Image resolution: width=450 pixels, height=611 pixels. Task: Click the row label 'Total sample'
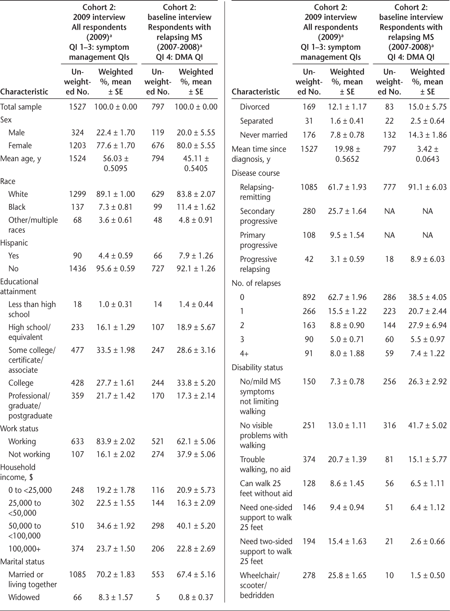[x=21, y=107]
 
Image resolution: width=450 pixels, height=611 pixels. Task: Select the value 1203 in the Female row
[x=77, y=145]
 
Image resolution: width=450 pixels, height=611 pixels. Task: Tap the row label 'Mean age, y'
[x=20, y=158]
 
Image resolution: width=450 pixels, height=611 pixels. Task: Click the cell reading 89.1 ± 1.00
[x=115, y=194]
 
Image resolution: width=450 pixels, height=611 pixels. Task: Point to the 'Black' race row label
[x=17, y=207]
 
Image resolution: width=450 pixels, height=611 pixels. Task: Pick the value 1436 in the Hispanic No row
[x=77, y=268]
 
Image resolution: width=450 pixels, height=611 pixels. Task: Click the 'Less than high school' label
[x=32, y=309]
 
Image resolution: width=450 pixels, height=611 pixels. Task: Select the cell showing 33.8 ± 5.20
[x=196, y=383]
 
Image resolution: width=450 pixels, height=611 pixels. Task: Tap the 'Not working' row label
[x=29, y=454]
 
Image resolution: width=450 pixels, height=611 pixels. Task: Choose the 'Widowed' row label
[x=24, y=597]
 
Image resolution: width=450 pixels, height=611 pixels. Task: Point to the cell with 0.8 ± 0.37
[x=196, y=597]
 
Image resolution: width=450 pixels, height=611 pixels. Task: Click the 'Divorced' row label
[x=255, y=107]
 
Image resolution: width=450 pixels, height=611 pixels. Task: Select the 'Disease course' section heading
[x=256, y=173]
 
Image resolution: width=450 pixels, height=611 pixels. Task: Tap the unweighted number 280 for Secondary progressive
[x=309, y=211]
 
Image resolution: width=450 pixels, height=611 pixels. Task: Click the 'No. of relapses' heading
[x=256, y=283]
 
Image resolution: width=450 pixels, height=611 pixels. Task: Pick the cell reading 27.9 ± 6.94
[x=427, y=325]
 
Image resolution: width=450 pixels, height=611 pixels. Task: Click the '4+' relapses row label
[x=244, y=353]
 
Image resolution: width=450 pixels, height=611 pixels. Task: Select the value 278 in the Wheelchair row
[x=309, y=575]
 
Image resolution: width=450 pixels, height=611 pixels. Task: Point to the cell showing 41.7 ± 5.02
[x=427, y=425]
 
